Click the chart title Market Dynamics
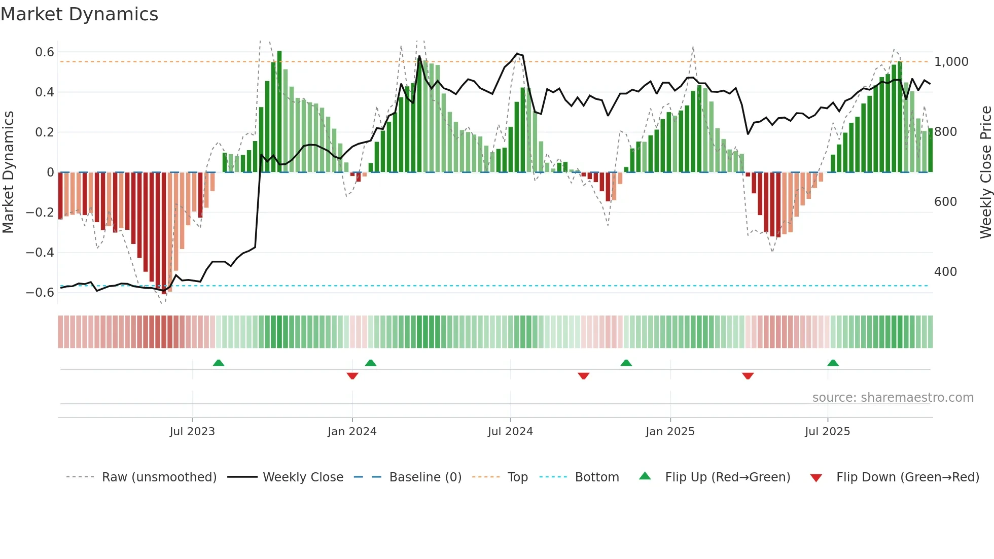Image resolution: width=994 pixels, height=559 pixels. pyautogui.click(x=79, y=14)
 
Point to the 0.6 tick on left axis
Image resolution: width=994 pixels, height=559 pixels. pyautogui.click(x=45, y=52)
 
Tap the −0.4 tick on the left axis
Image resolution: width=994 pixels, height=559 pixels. pyautogui.click(x=40, y=252)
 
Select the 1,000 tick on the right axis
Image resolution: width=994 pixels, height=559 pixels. pyautogui.click(x=951, y=62)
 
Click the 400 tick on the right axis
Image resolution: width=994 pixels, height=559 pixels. pyautogui.click(x=945, y=272)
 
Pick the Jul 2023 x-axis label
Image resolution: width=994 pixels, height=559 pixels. pyautogui.click(x=192, y=432)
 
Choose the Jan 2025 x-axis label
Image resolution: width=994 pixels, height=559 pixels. pyautogui.click(x=670, y=432)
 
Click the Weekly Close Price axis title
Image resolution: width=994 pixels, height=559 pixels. pyautogui.click(x=985, y=172)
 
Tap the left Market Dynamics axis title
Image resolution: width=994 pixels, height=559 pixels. pyautogui.click(x=8, y=172)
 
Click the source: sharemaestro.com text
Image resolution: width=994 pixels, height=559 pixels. pyautogui.click(x=893, y=398)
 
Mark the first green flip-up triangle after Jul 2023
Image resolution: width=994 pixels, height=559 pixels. pyautogui.click(x=219, y=363)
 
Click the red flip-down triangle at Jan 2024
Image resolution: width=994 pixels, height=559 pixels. pyautogui.click(x=352, y=376)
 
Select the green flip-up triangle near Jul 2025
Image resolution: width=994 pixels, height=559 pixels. pyautogui.click(x=833, y=363)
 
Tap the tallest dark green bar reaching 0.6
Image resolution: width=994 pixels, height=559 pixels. pyautogui.click(x=279, y=112)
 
